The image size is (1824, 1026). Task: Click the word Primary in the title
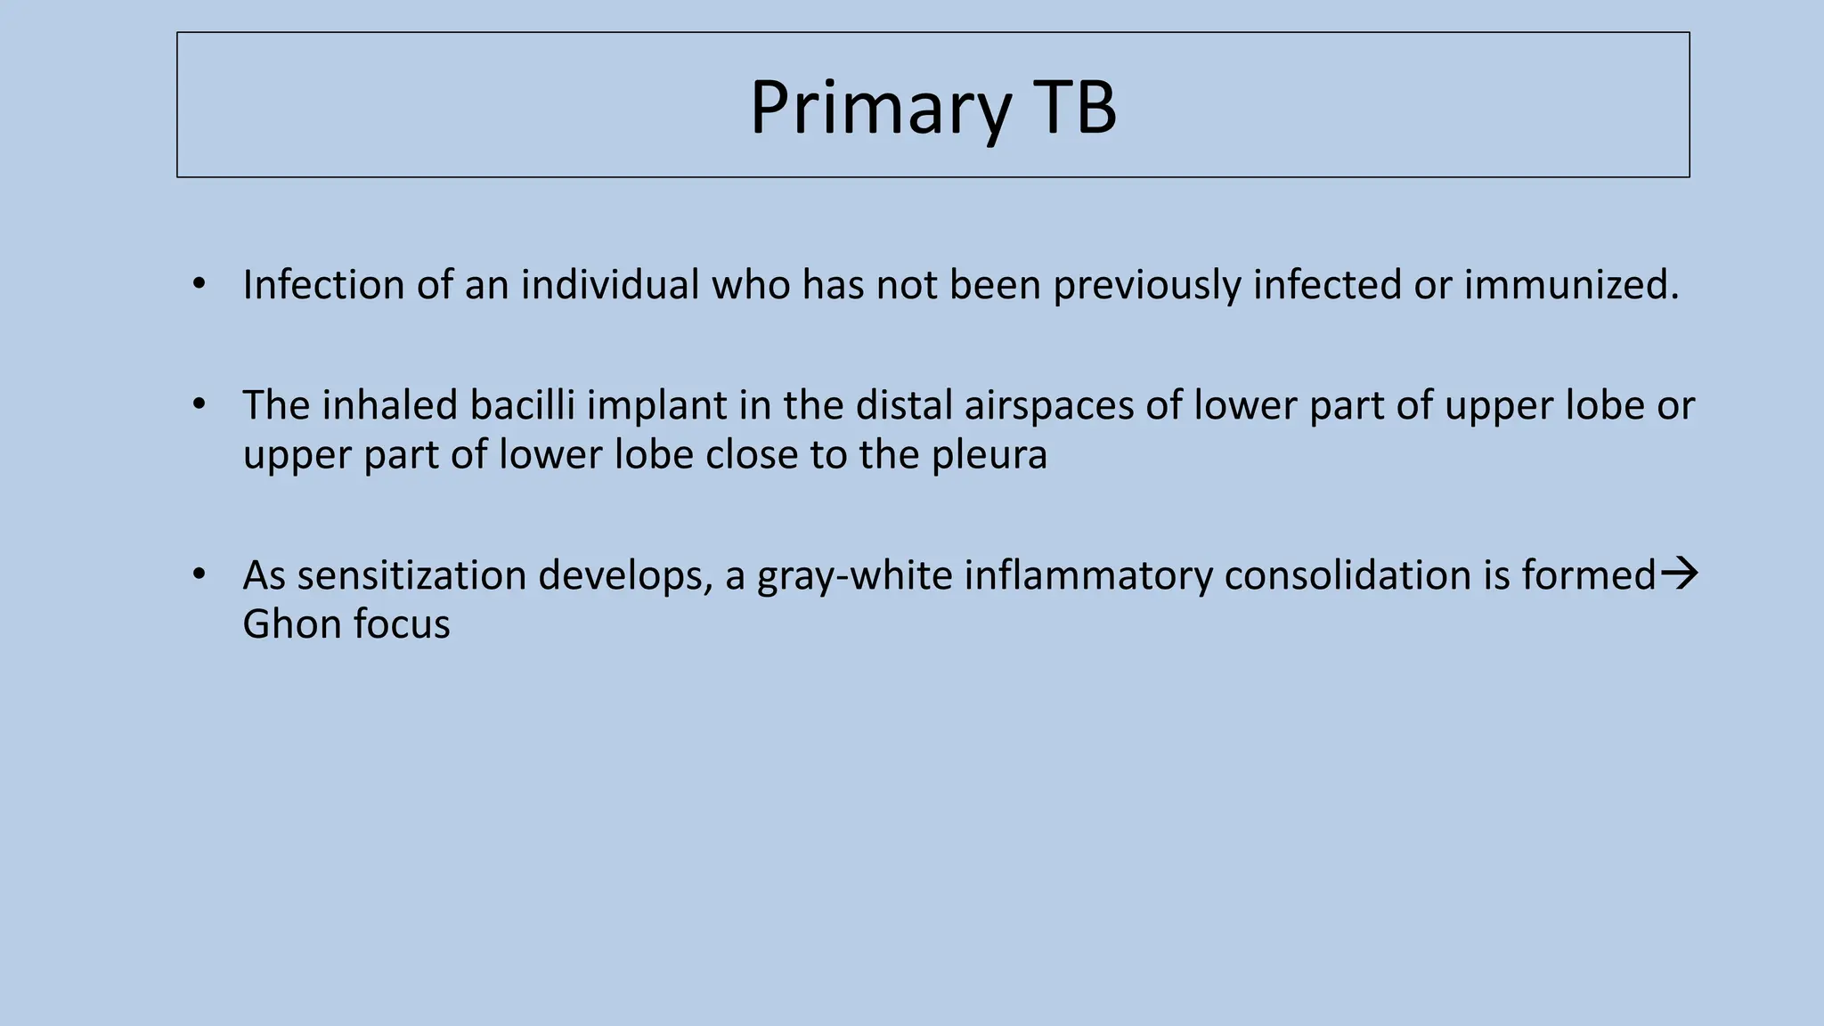(x=880, y=109)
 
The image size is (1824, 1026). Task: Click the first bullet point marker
(x=199, y=285)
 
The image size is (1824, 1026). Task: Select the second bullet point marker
(x=199, y=405)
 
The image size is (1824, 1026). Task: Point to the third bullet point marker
(x=199, y=574)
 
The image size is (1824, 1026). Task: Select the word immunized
(x=1571, y=285)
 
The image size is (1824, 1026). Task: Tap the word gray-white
(x=855, y=574)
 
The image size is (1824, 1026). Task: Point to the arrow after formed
(x=1680, y=573)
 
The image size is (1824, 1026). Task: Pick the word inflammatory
(x=1087, y=574)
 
